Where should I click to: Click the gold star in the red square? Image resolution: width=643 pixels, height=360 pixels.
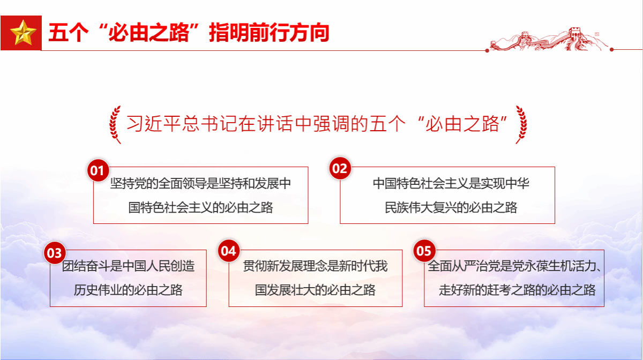(x=23, y=33)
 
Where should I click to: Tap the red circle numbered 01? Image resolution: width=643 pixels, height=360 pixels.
(x=98, y=170)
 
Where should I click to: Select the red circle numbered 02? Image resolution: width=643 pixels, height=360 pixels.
(x=340, y=168)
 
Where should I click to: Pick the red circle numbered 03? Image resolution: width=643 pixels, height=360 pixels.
(x=55, y=253)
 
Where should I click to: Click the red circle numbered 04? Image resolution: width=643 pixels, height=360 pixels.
(x=229, y=251)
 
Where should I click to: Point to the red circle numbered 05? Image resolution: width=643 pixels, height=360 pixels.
(x=424, y=251)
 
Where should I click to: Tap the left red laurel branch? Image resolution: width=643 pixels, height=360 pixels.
(x=115, y=124)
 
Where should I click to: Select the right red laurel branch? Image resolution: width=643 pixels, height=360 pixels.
(x=521, y=124)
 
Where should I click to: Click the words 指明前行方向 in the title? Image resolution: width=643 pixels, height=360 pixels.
(x=269, y=33)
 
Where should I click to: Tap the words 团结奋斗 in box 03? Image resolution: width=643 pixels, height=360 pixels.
(x=86, y=266)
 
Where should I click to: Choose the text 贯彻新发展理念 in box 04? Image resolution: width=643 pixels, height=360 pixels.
(x=285, y=266)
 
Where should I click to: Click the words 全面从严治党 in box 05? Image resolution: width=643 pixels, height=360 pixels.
(x=463, y=266)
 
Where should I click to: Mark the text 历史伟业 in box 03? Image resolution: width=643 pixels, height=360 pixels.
(x=98, y=290)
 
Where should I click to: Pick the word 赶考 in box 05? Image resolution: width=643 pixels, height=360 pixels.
(x=499, y=290)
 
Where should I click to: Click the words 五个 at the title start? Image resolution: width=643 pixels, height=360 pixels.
(x=69, y=33)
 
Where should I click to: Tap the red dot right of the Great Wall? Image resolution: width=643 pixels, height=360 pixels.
(x=611, y=50)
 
